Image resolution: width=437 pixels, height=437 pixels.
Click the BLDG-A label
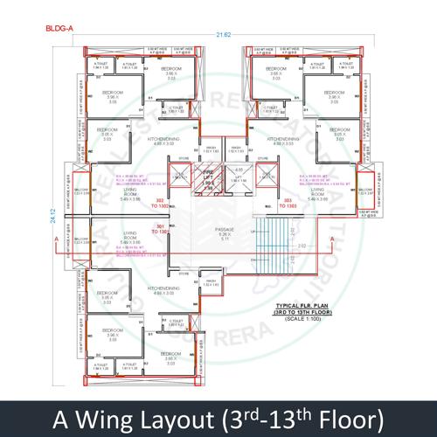click(x=59, y=28)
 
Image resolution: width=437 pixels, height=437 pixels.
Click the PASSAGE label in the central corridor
click(x=224, y=232)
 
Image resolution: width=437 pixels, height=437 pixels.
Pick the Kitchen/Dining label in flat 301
click(x=163, y=290)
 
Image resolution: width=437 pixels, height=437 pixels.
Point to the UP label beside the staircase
click(x=254, y=232)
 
